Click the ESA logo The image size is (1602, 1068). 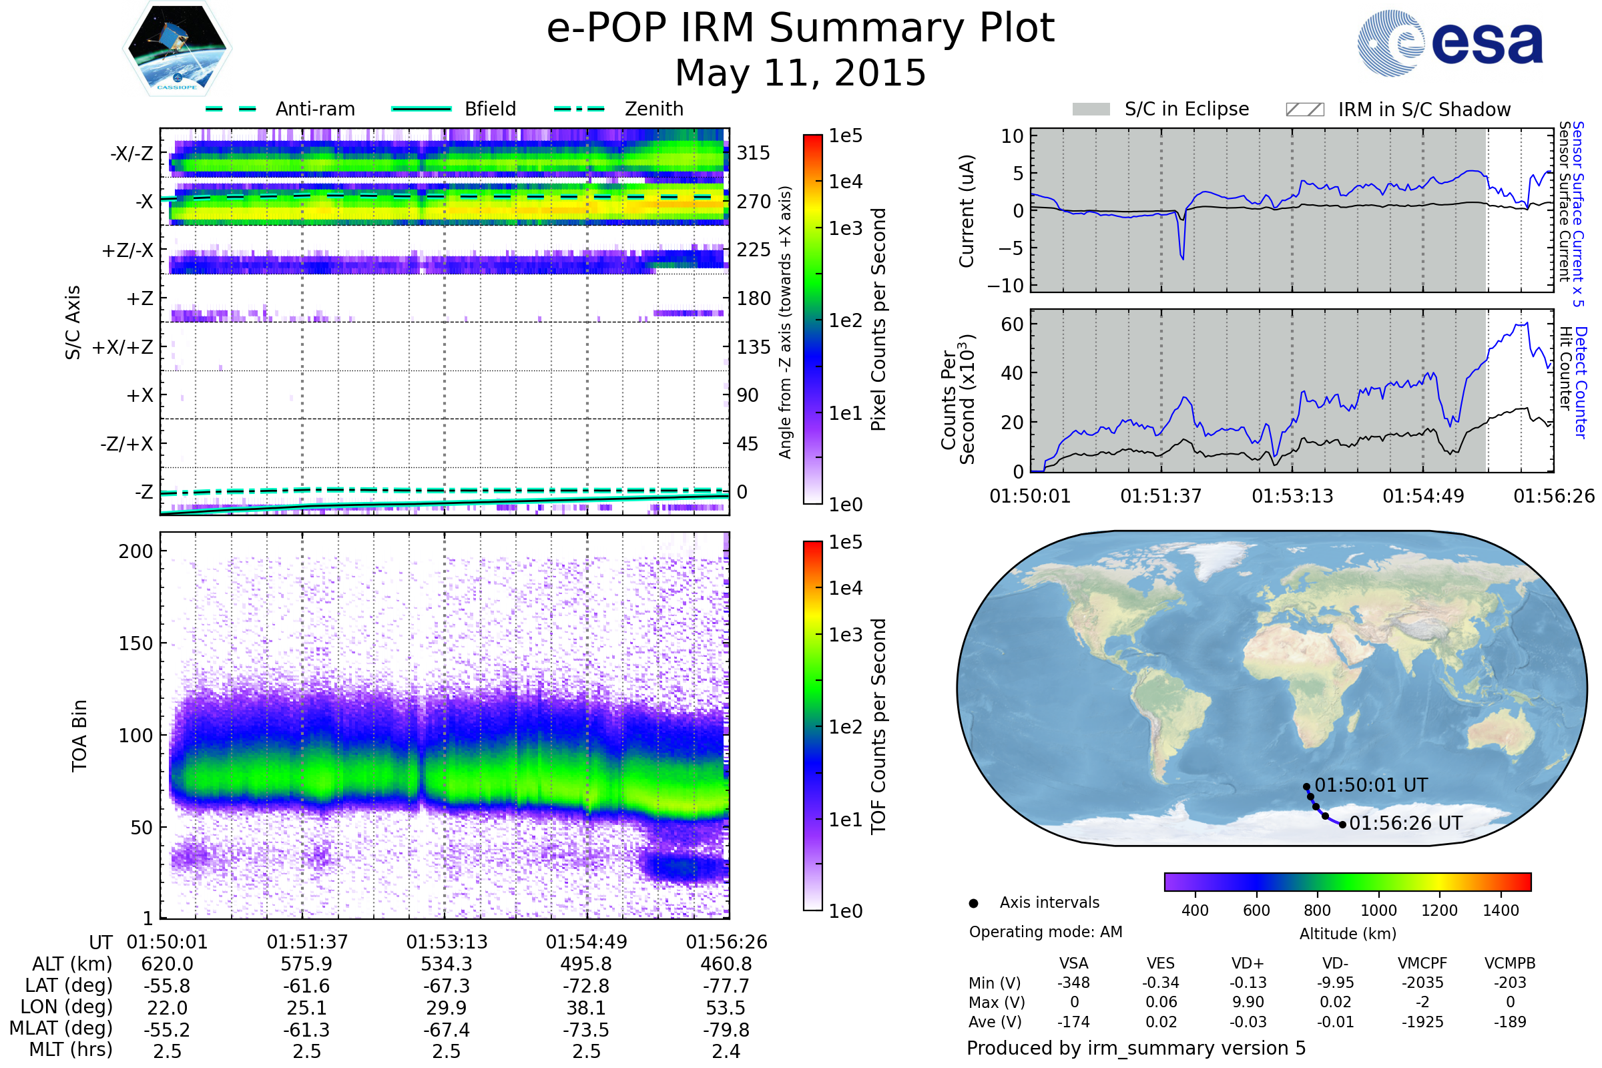(1450, 43)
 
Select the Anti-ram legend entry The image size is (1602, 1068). (314, 109)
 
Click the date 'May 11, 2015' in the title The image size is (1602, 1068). (800, 73)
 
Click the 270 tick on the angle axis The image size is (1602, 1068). (753, 202)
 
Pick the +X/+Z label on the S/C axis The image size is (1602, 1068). (123, 347)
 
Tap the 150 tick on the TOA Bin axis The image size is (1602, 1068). (136, 643)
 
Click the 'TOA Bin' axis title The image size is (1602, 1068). (79, 736)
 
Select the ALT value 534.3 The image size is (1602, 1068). (446, 964)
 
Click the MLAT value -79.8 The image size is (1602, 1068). (726, 1030)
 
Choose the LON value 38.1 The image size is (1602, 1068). (586, 1008)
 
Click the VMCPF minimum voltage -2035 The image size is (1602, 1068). (1422, 983)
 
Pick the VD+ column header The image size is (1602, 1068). (1247, 964)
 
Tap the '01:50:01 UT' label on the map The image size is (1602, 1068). (1370, 786)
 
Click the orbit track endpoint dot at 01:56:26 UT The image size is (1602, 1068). (1342, 825)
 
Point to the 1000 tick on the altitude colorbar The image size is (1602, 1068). (1378, 910)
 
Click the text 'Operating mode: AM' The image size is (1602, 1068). (1045, 932)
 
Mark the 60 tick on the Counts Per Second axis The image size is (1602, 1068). (1012, 324)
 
